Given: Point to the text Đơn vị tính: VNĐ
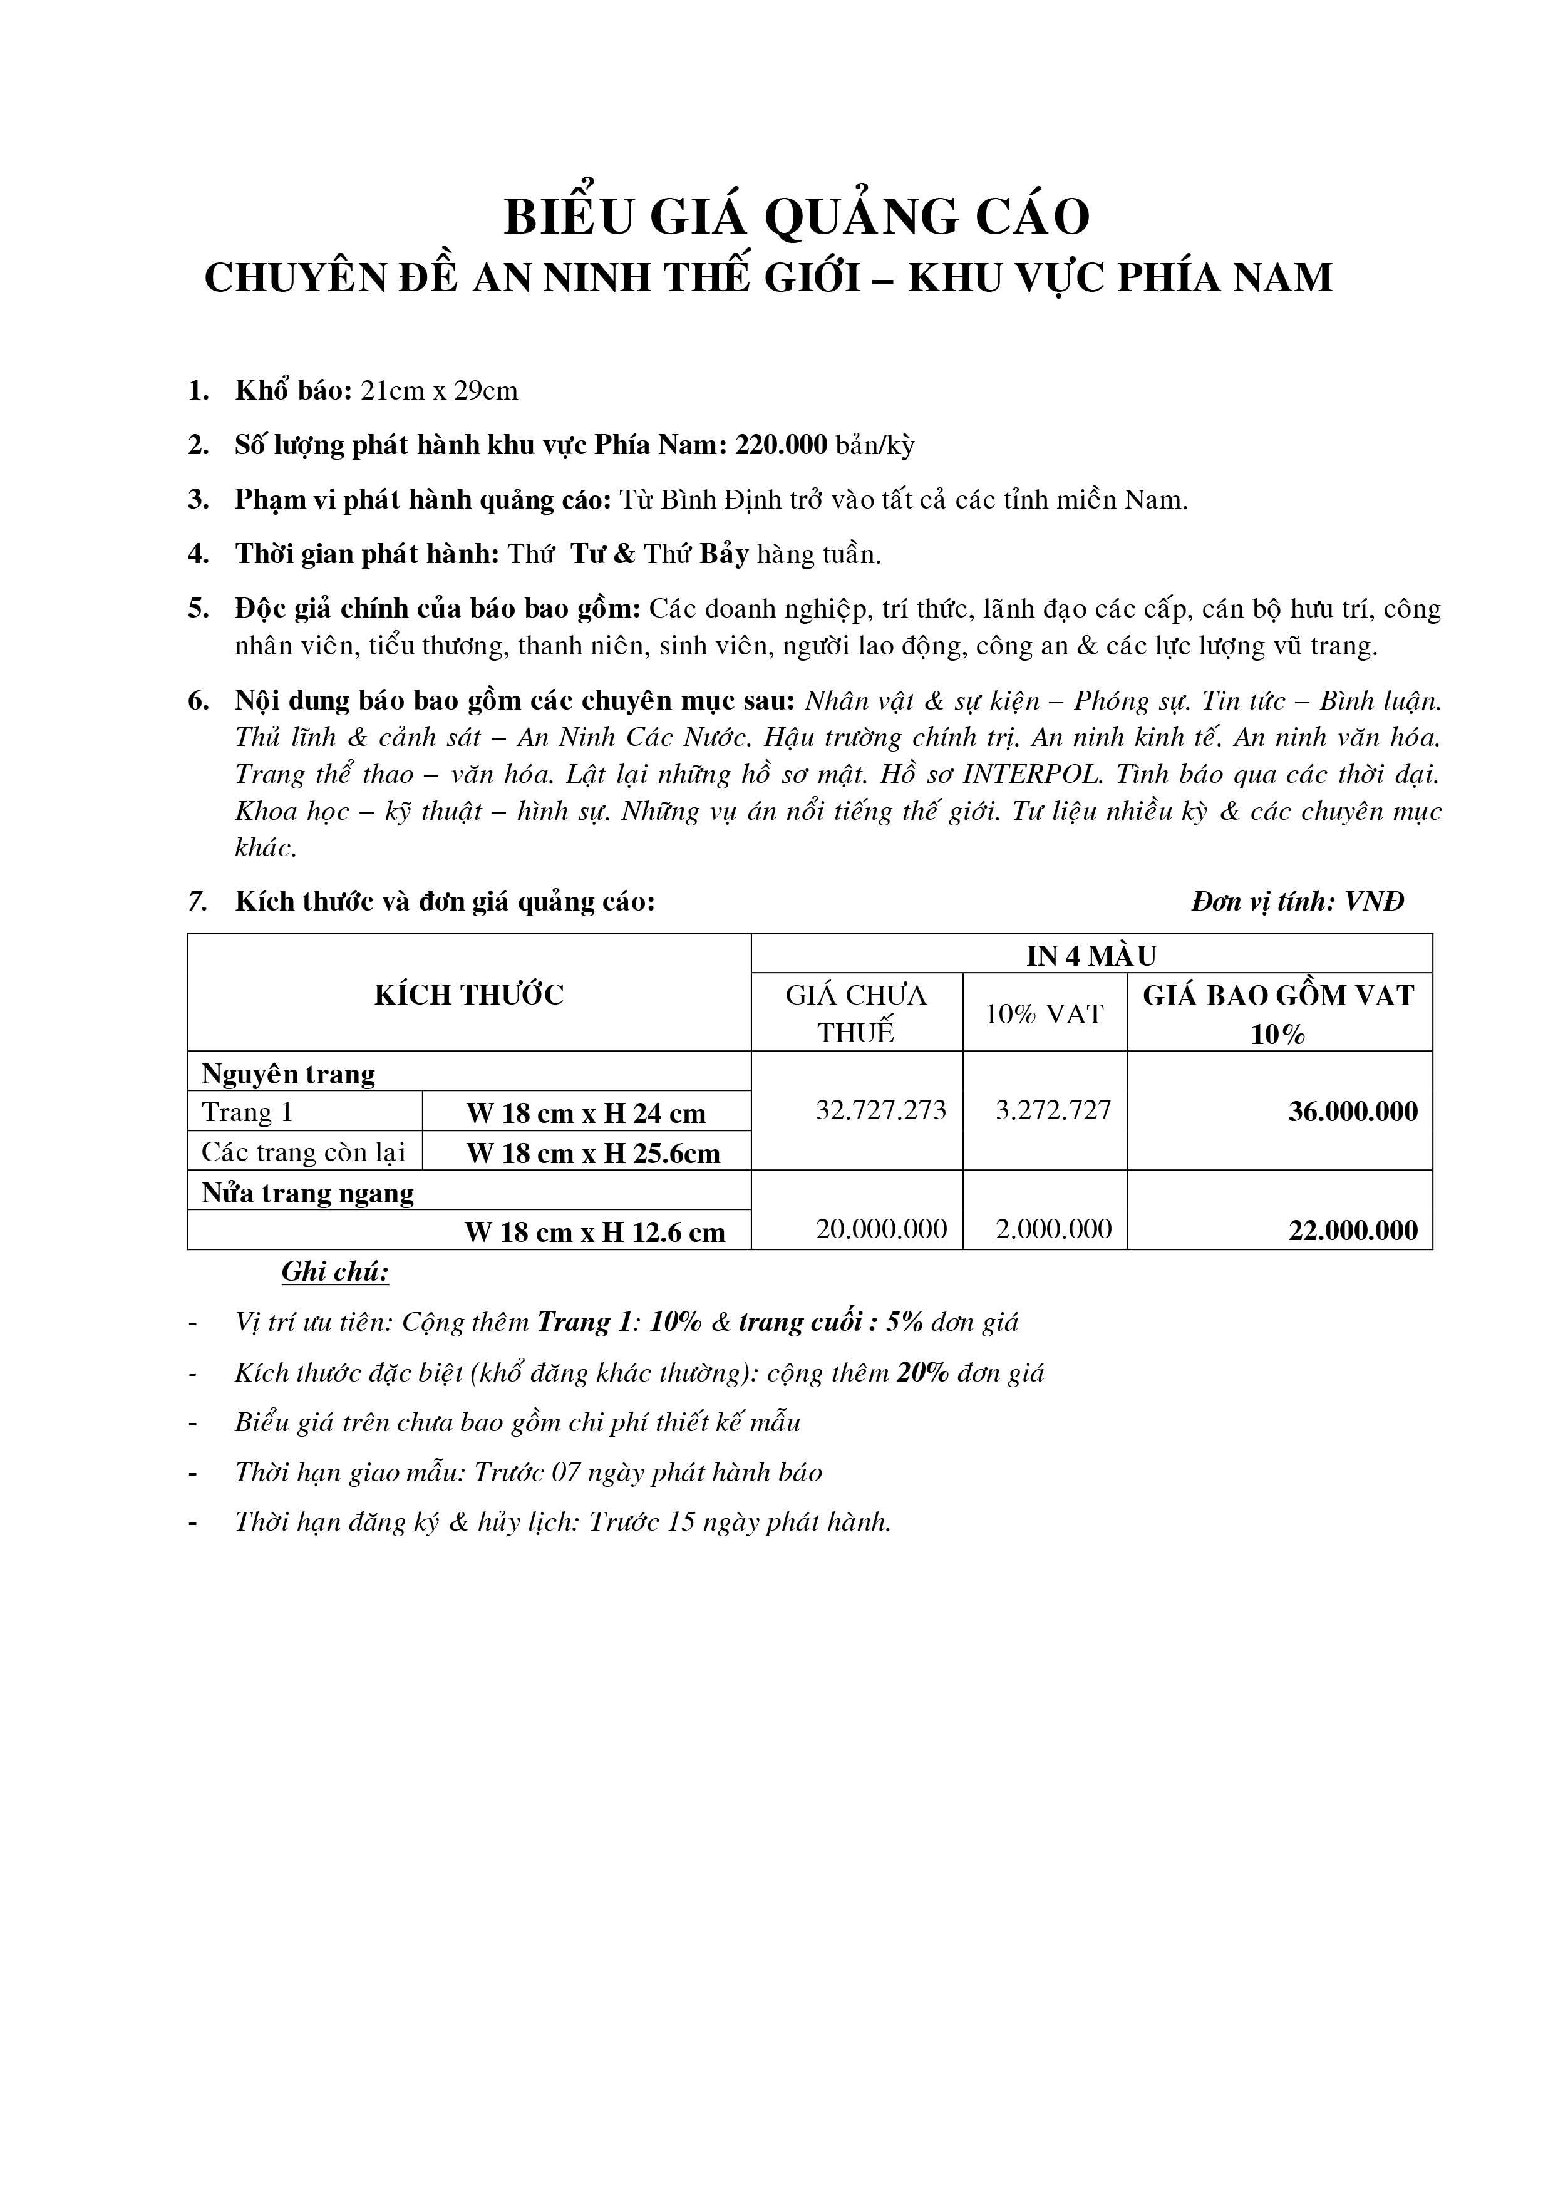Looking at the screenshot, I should [1298, 901].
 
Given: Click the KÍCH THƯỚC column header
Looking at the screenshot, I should [469, 995].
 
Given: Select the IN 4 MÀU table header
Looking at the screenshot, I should [1091, 955].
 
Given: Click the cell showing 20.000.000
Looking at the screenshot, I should [880, 1229].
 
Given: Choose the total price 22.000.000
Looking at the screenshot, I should [1352, 1231].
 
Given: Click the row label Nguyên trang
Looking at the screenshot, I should [288, 1075].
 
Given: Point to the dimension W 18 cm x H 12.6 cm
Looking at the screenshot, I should [594, 1233].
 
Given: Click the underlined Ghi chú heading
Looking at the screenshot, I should [335, 1272].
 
